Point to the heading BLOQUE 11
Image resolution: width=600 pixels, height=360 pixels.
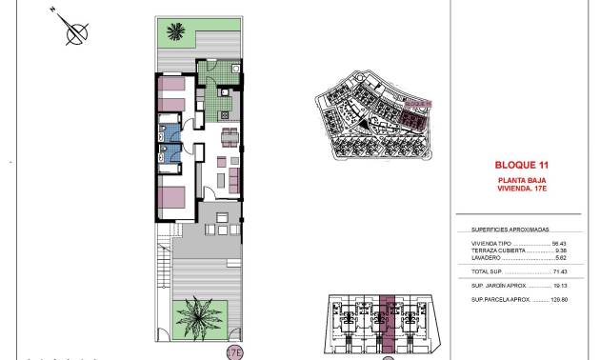(519, 165)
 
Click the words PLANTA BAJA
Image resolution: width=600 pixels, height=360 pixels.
(520, 180)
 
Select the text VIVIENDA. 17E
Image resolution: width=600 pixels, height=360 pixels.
(520, 188)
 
